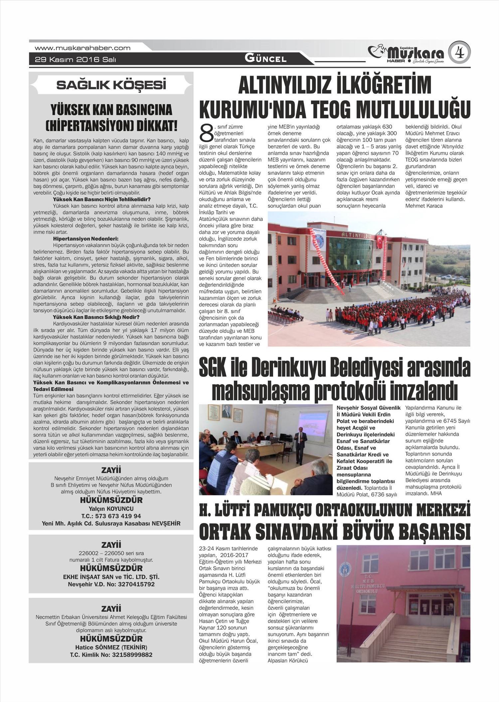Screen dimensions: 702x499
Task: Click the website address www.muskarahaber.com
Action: [83, 48]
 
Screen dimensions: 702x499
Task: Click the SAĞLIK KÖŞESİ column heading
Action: [111, 85]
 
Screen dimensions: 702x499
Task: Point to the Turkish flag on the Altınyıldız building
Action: [379, 242]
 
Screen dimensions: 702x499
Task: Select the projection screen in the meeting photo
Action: [315, 424]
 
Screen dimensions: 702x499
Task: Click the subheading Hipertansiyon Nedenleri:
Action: [86, 239]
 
